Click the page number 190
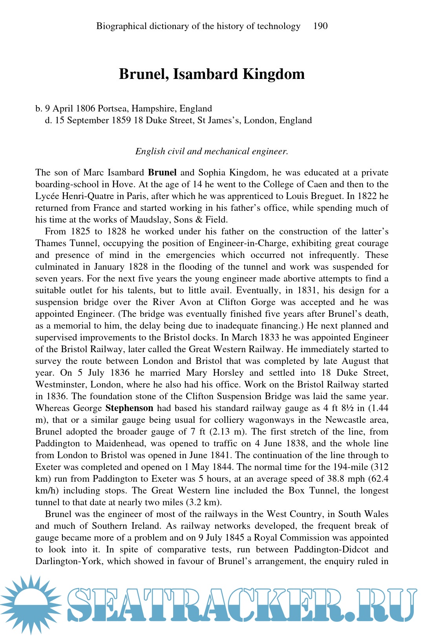coord(320,26)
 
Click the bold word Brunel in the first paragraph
coord(162,173)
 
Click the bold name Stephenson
coord(129,408)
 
